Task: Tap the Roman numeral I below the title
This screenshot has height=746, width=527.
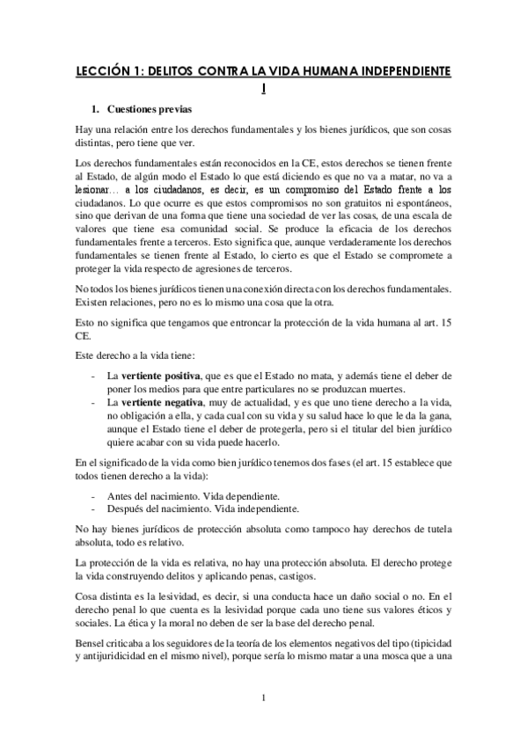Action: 265,87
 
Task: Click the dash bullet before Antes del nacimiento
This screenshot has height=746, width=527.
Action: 93,495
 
